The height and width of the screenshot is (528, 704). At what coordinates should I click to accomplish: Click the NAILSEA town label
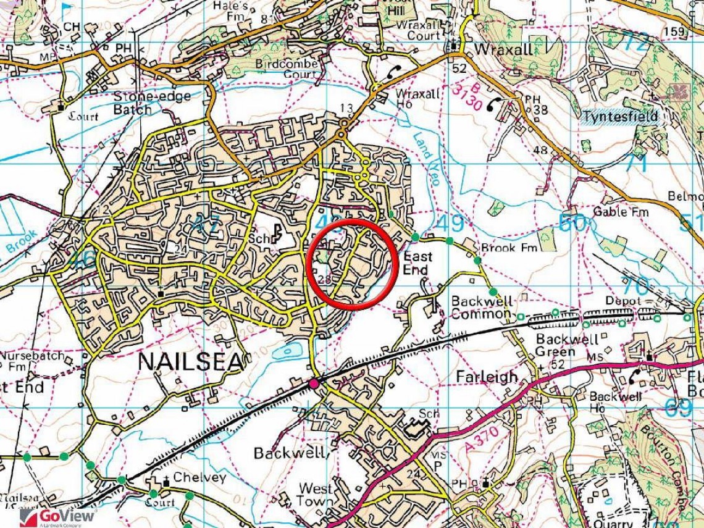click(x=191, y=362)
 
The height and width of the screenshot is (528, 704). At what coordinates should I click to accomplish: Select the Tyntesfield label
click(x=620, y=116)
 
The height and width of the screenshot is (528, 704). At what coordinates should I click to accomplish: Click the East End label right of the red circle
click(x=418, y=262)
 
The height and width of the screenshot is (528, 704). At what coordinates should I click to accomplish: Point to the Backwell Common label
click(x=482, y=307)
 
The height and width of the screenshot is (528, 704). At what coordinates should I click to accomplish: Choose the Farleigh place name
click(x=486, y=376)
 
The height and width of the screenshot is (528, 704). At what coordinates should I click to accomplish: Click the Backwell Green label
click(x=567, y=345)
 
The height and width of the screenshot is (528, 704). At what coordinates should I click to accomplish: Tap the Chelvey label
click(x=199, y=477)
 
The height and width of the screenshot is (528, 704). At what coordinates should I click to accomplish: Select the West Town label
click(x=315, y=495)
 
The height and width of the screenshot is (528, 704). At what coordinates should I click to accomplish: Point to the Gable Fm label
click(x=621, y=212)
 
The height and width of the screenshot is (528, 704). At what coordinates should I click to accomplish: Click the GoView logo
click(x=58, y=516)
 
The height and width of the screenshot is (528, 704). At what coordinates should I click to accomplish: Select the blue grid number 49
click(x=450, y=224)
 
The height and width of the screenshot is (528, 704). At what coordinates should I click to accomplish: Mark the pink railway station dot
click(x=315, y=384)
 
